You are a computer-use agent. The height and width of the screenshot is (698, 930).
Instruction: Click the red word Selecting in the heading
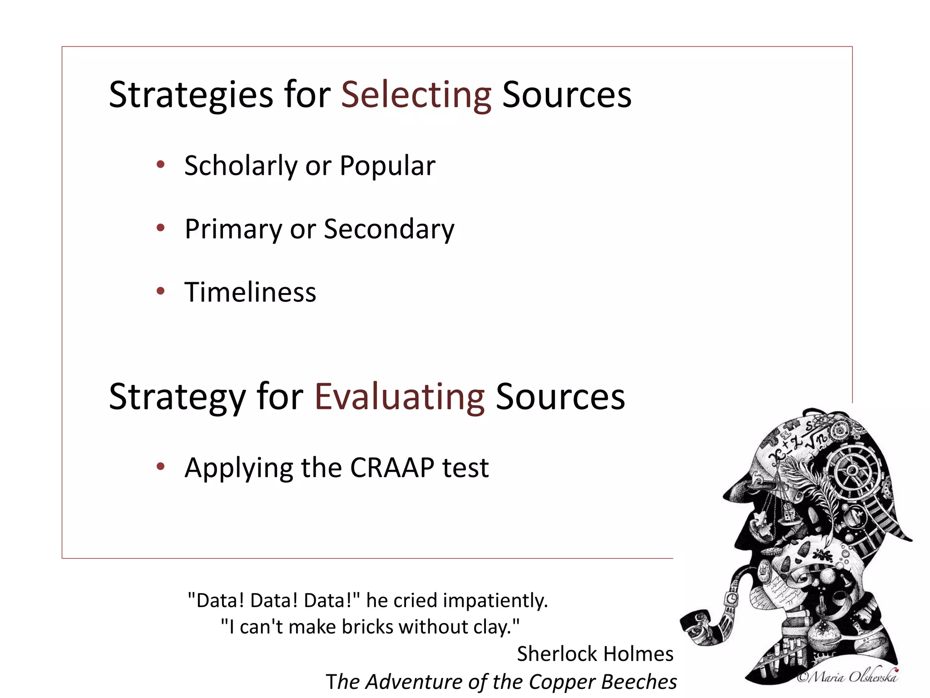coord(416,95)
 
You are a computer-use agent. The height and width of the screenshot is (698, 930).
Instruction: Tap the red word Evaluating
coord(400,396)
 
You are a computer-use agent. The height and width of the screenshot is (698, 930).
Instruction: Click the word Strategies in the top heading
coord(191,95)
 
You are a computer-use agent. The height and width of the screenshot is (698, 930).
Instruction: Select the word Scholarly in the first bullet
coord(240,165)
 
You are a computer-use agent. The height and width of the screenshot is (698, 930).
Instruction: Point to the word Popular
coord(387,165)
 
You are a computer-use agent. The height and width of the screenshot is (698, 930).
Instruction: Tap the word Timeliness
coord(250,292)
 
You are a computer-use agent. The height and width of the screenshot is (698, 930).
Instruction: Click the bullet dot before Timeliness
coord(160,291)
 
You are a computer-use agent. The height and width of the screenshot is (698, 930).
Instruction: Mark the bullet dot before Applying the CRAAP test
coord(160,466)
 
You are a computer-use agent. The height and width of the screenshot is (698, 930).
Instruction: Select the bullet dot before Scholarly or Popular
coord(160,165)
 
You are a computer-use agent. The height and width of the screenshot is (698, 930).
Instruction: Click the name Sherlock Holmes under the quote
coord(595,654)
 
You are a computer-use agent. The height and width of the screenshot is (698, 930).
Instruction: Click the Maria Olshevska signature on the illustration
coord(847,677)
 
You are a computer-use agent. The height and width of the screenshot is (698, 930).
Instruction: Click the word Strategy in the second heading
coord(177,396)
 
